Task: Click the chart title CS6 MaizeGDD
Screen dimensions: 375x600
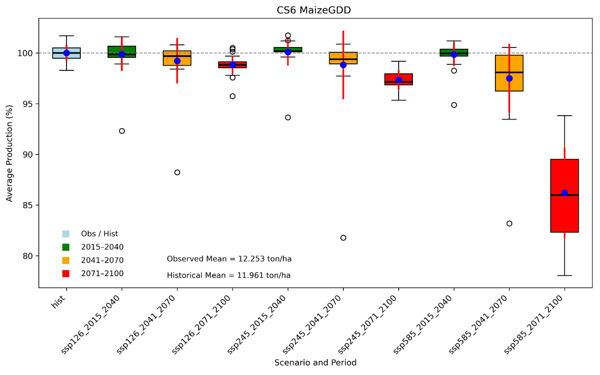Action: coord(314,10)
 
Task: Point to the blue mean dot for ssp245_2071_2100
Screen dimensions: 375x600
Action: coord(399,80)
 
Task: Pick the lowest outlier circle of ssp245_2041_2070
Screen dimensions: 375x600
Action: coord(343,238)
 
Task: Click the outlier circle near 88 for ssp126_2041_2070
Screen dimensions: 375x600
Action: coord(177,172)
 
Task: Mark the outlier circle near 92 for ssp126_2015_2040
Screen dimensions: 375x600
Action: coord(122,131)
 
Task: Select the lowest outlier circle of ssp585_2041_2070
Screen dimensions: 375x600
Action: coord(509,224)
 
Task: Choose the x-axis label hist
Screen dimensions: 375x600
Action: coord(58,302)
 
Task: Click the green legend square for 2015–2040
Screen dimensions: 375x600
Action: coord(66,247)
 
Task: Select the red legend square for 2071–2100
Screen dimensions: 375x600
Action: coord(66,274)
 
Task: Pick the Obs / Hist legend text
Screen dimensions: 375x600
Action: coord(99,234)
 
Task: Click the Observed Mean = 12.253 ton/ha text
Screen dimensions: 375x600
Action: coord(229,259)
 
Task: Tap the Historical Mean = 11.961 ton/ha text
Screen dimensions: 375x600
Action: coord(228,275)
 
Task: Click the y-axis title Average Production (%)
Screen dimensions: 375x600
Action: coord(9,153)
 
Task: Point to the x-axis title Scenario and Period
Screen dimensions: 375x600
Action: coord(315,362)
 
